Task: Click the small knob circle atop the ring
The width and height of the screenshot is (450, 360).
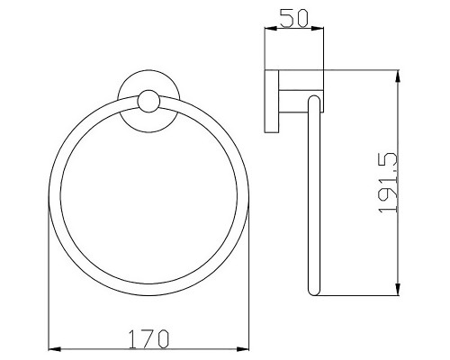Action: tap(148, 102)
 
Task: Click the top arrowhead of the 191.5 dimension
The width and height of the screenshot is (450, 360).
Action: tap(398, 74)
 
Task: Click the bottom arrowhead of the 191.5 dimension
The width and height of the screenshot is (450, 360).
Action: tap(398, 290)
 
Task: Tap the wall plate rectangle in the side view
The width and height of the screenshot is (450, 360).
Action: tap(271, 100)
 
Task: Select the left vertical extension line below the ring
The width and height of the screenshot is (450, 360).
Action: tap(48, 288)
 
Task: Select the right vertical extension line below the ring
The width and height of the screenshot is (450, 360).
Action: tap(249, 288)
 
